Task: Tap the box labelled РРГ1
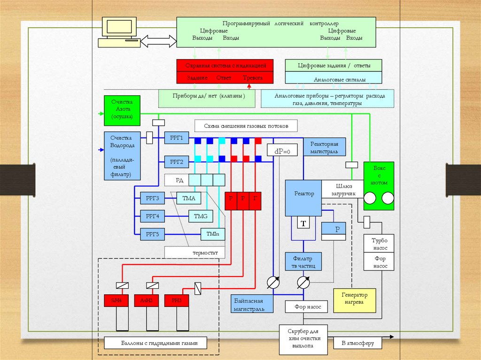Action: click(176, 138)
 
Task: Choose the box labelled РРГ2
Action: click(176, 162)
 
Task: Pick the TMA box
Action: click(189, 199)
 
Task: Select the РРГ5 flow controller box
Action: click(152, 233)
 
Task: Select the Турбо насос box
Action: click(380, 243)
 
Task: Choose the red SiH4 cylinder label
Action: click(116, 300)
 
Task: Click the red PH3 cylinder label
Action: click(176, 300)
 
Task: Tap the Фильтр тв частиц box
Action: click(303, 262)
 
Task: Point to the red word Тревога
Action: click(253, 77)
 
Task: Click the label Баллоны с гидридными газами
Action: click(157, 343)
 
